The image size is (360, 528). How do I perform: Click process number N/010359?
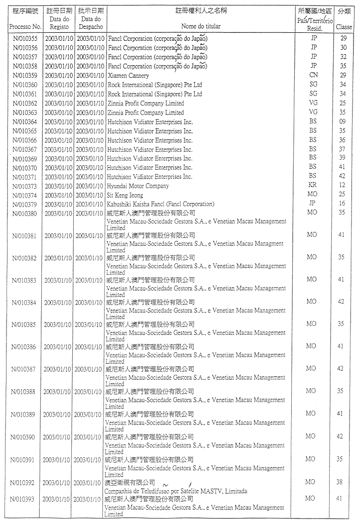pos(25,76)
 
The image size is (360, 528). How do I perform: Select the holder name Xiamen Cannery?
pos(128,76)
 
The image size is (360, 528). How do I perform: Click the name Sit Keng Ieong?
pos(125,195)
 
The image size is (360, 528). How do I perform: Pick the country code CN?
pos(313,76)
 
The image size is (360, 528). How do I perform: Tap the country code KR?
pos(313,186)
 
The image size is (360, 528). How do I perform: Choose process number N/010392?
pos(23,483)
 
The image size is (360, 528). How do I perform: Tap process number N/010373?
pos(25,186)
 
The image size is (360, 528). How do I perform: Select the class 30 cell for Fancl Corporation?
pos(343,48)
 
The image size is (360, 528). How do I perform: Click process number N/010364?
pos(25,122)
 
